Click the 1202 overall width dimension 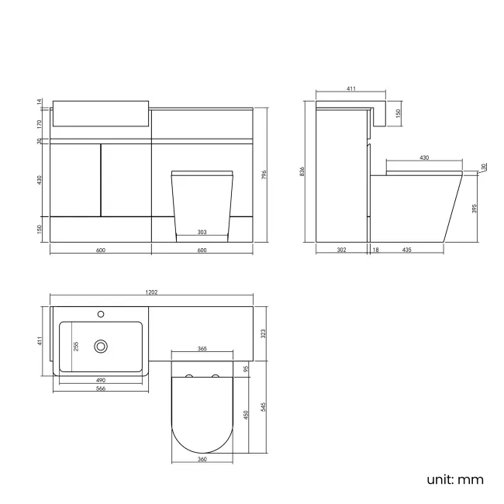[152, 292]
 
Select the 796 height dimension [264, 175]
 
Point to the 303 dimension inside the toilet [202, 232]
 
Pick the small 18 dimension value [375, 250]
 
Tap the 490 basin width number [100, 381]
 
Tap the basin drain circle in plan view [100, 346]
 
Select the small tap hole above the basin [100, 314]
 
